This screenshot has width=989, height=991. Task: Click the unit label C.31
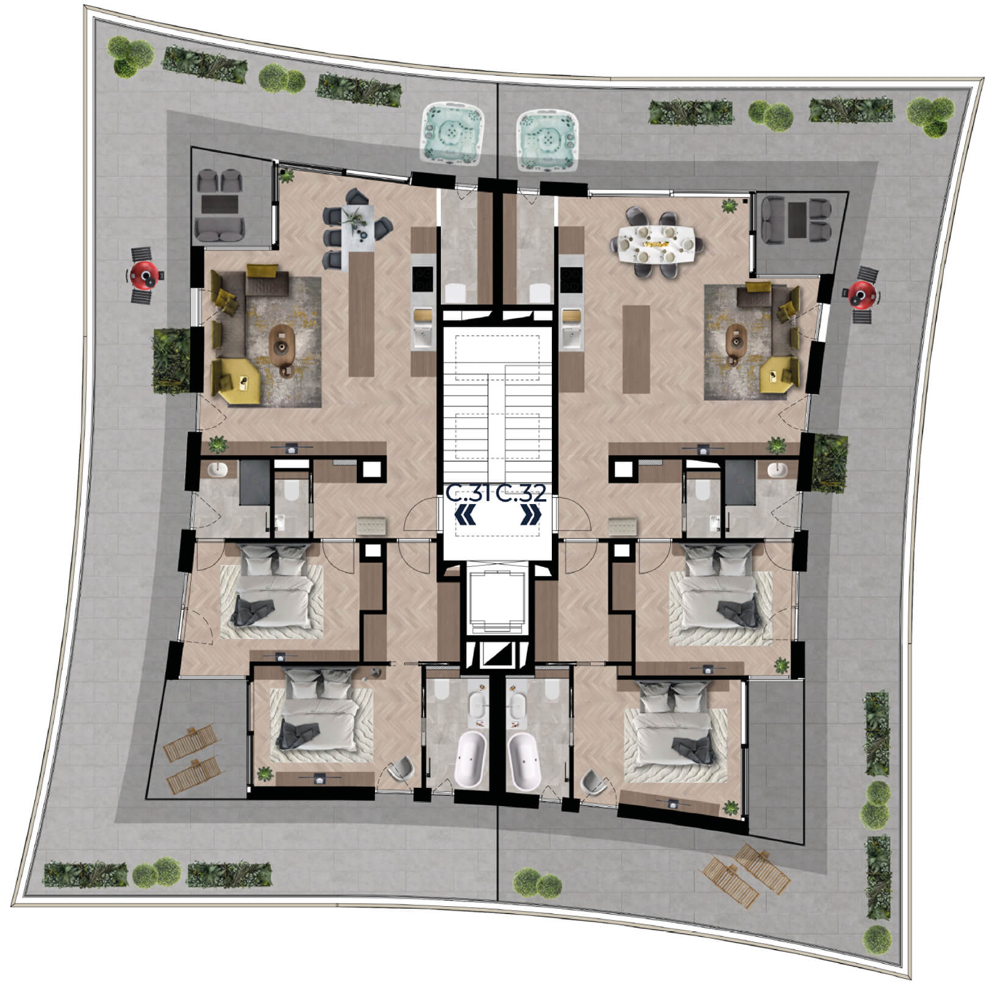(x=468, y=493)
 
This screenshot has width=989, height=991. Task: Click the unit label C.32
(x=520, y=493)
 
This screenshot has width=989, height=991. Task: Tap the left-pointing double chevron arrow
(x=466, y=516)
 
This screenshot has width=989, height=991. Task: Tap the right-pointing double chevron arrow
(x=530, y=516)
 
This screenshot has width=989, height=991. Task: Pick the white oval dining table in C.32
(x=656, y=243)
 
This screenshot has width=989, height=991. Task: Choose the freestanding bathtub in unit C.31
(x=470, y=760)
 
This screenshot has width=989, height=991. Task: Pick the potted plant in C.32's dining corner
(x=729, y=206)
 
